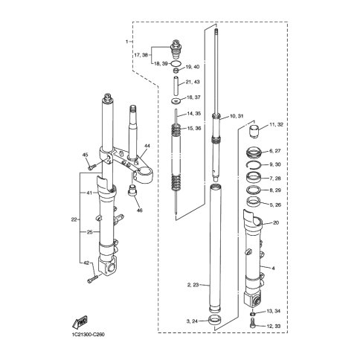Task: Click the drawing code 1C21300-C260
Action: (x=87, y=335)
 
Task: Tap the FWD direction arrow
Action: (x=80, y=323)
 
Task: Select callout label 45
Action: (x=85, y=155)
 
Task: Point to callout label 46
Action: (x=140, y=210)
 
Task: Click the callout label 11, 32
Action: (x=276, y=125)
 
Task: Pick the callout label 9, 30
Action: (x=274, y=164)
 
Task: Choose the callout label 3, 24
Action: (x=192, y=321)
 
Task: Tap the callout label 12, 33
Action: (x=274, y=326)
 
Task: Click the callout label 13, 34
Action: (x=274, y=311)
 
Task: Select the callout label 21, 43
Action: (x=193, y=82)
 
